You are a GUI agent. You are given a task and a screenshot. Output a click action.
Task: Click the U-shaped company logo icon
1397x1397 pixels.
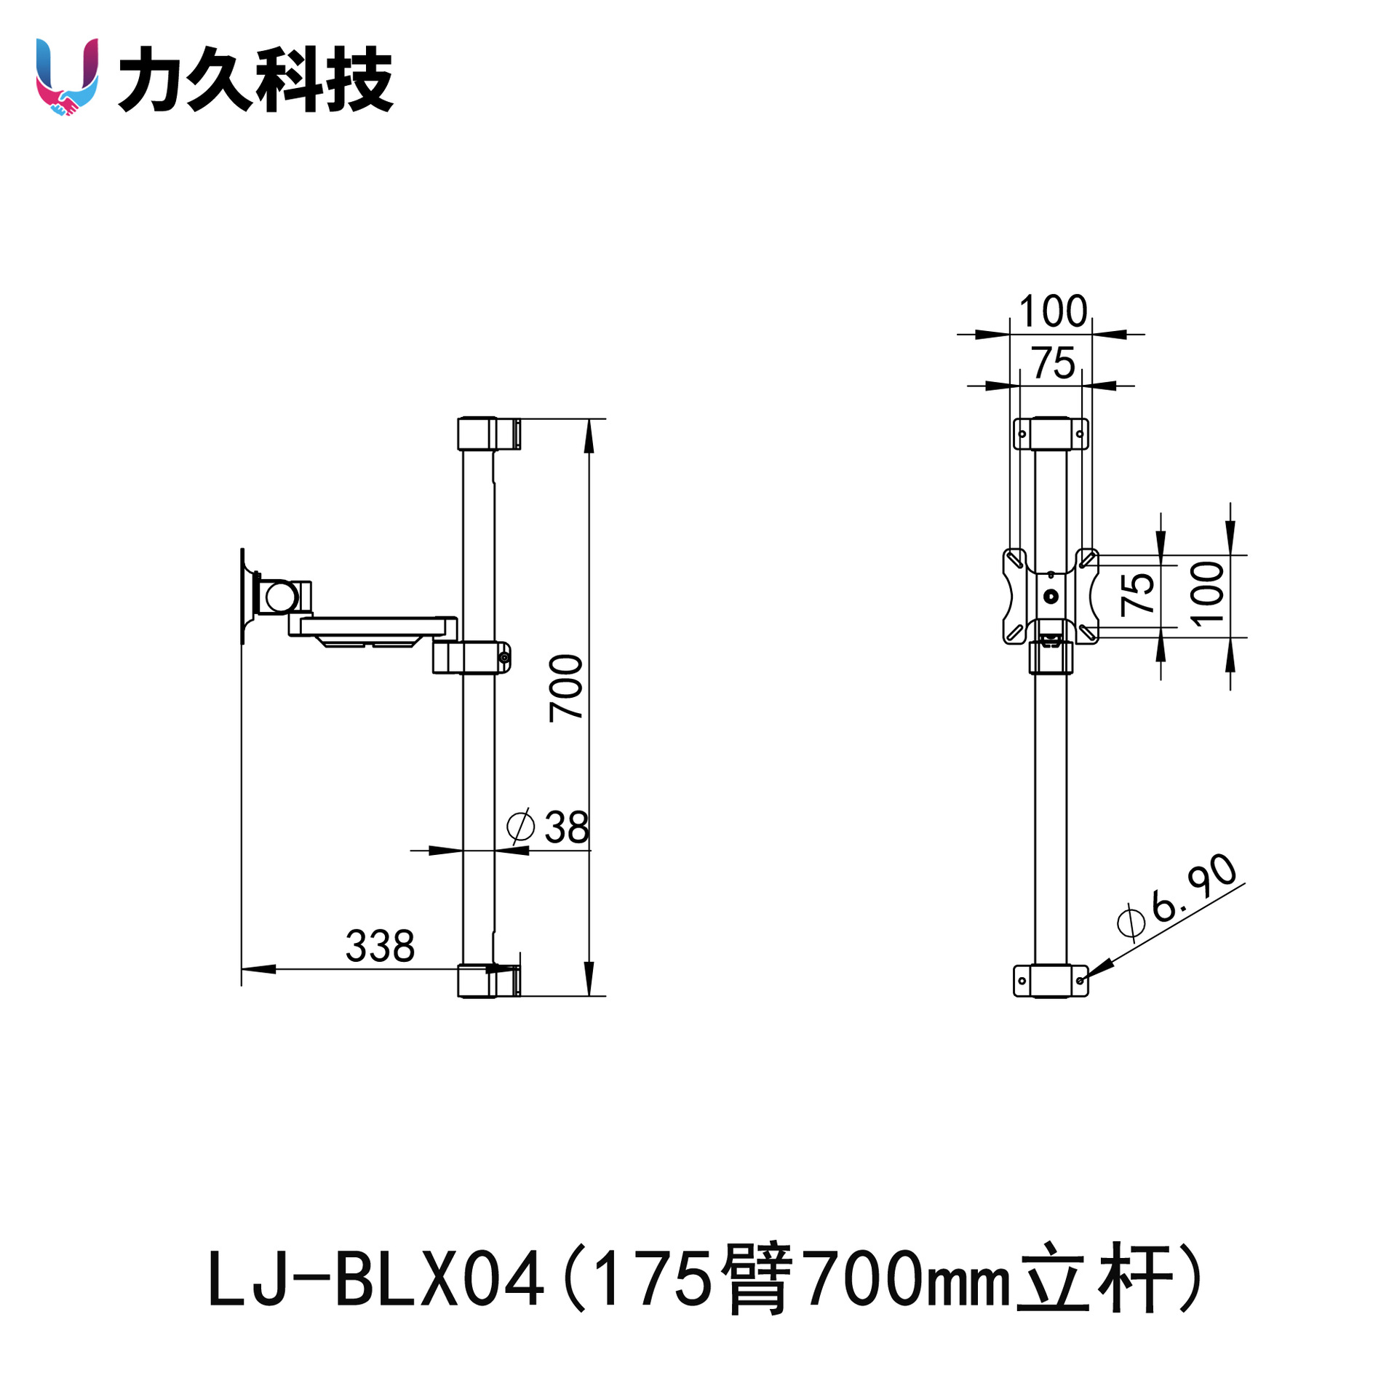click(x=67, y=77)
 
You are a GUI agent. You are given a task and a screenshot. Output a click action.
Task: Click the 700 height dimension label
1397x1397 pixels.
click(x=566, y=688)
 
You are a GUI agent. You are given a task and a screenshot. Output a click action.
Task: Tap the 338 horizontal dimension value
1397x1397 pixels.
click(x=380, y=946)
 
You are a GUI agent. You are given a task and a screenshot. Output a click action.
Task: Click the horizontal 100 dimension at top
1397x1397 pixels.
click(x=1053, y=311)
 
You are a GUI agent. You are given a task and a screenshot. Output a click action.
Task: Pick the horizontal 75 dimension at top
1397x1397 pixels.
click(x=1053, y=362)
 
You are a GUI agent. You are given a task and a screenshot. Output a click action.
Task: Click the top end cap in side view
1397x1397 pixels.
click(x=489, y=434)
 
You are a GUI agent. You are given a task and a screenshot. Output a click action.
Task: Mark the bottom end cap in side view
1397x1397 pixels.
click(x=489, y=981)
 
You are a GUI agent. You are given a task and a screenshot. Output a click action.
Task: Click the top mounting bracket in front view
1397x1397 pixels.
click(x=1051, y=434)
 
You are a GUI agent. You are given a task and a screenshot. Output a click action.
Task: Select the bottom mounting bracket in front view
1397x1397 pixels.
click(x=1051, y=981)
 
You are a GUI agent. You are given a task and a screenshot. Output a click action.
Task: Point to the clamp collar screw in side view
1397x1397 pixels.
click(x=504, y=658)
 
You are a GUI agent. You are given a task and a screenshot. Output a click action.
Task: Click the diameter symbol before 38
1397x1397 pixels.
click(x=521, y=827)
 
